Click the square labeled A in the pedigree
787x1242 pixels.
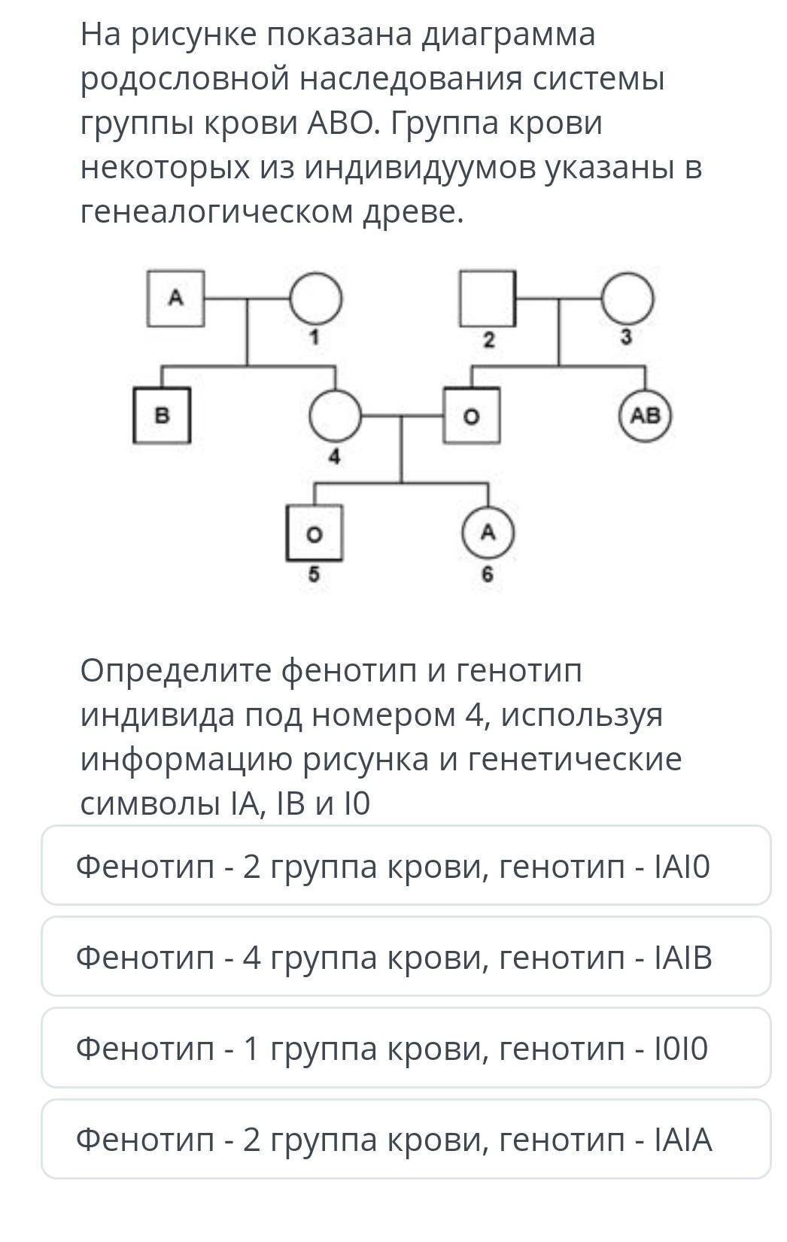(x=175, y=298)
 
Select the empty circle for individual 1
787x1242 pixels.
(x=316, y=298)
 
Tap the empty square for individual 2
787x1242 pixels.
(x=488, y=298)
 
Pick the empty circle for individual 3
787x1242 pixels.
(x=627, y=298)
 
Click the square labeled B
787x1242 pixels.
(x=162, y=415)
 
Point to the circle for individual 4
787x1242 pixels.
(x=336, y=415)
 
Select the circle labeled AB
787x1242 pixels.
(x=645, y=415)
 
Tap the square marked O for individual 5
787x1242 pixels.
(x=314, y=533)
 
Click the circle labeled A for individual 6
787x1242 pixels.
(x=488, y=533)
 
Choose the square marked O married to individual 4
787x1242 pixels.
(x=472, y=415)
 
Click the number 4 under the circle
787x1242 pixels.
(x=336, y=457)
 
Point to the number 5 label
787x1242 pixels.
(x=314, y=575)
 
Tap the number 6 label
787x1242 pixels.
(x=488, y=575)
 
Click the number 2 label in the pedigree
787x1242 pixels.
(x=488, y=341)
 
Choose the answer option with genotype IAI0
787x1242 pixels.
(x=406, y=866)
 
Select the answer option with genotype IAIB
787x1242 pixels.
(x=406, y=957)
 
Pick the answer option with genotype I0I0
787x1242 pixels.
(x=406, y=1048)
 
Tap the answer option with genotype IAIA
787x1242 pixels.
(x=406, y=1139)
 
